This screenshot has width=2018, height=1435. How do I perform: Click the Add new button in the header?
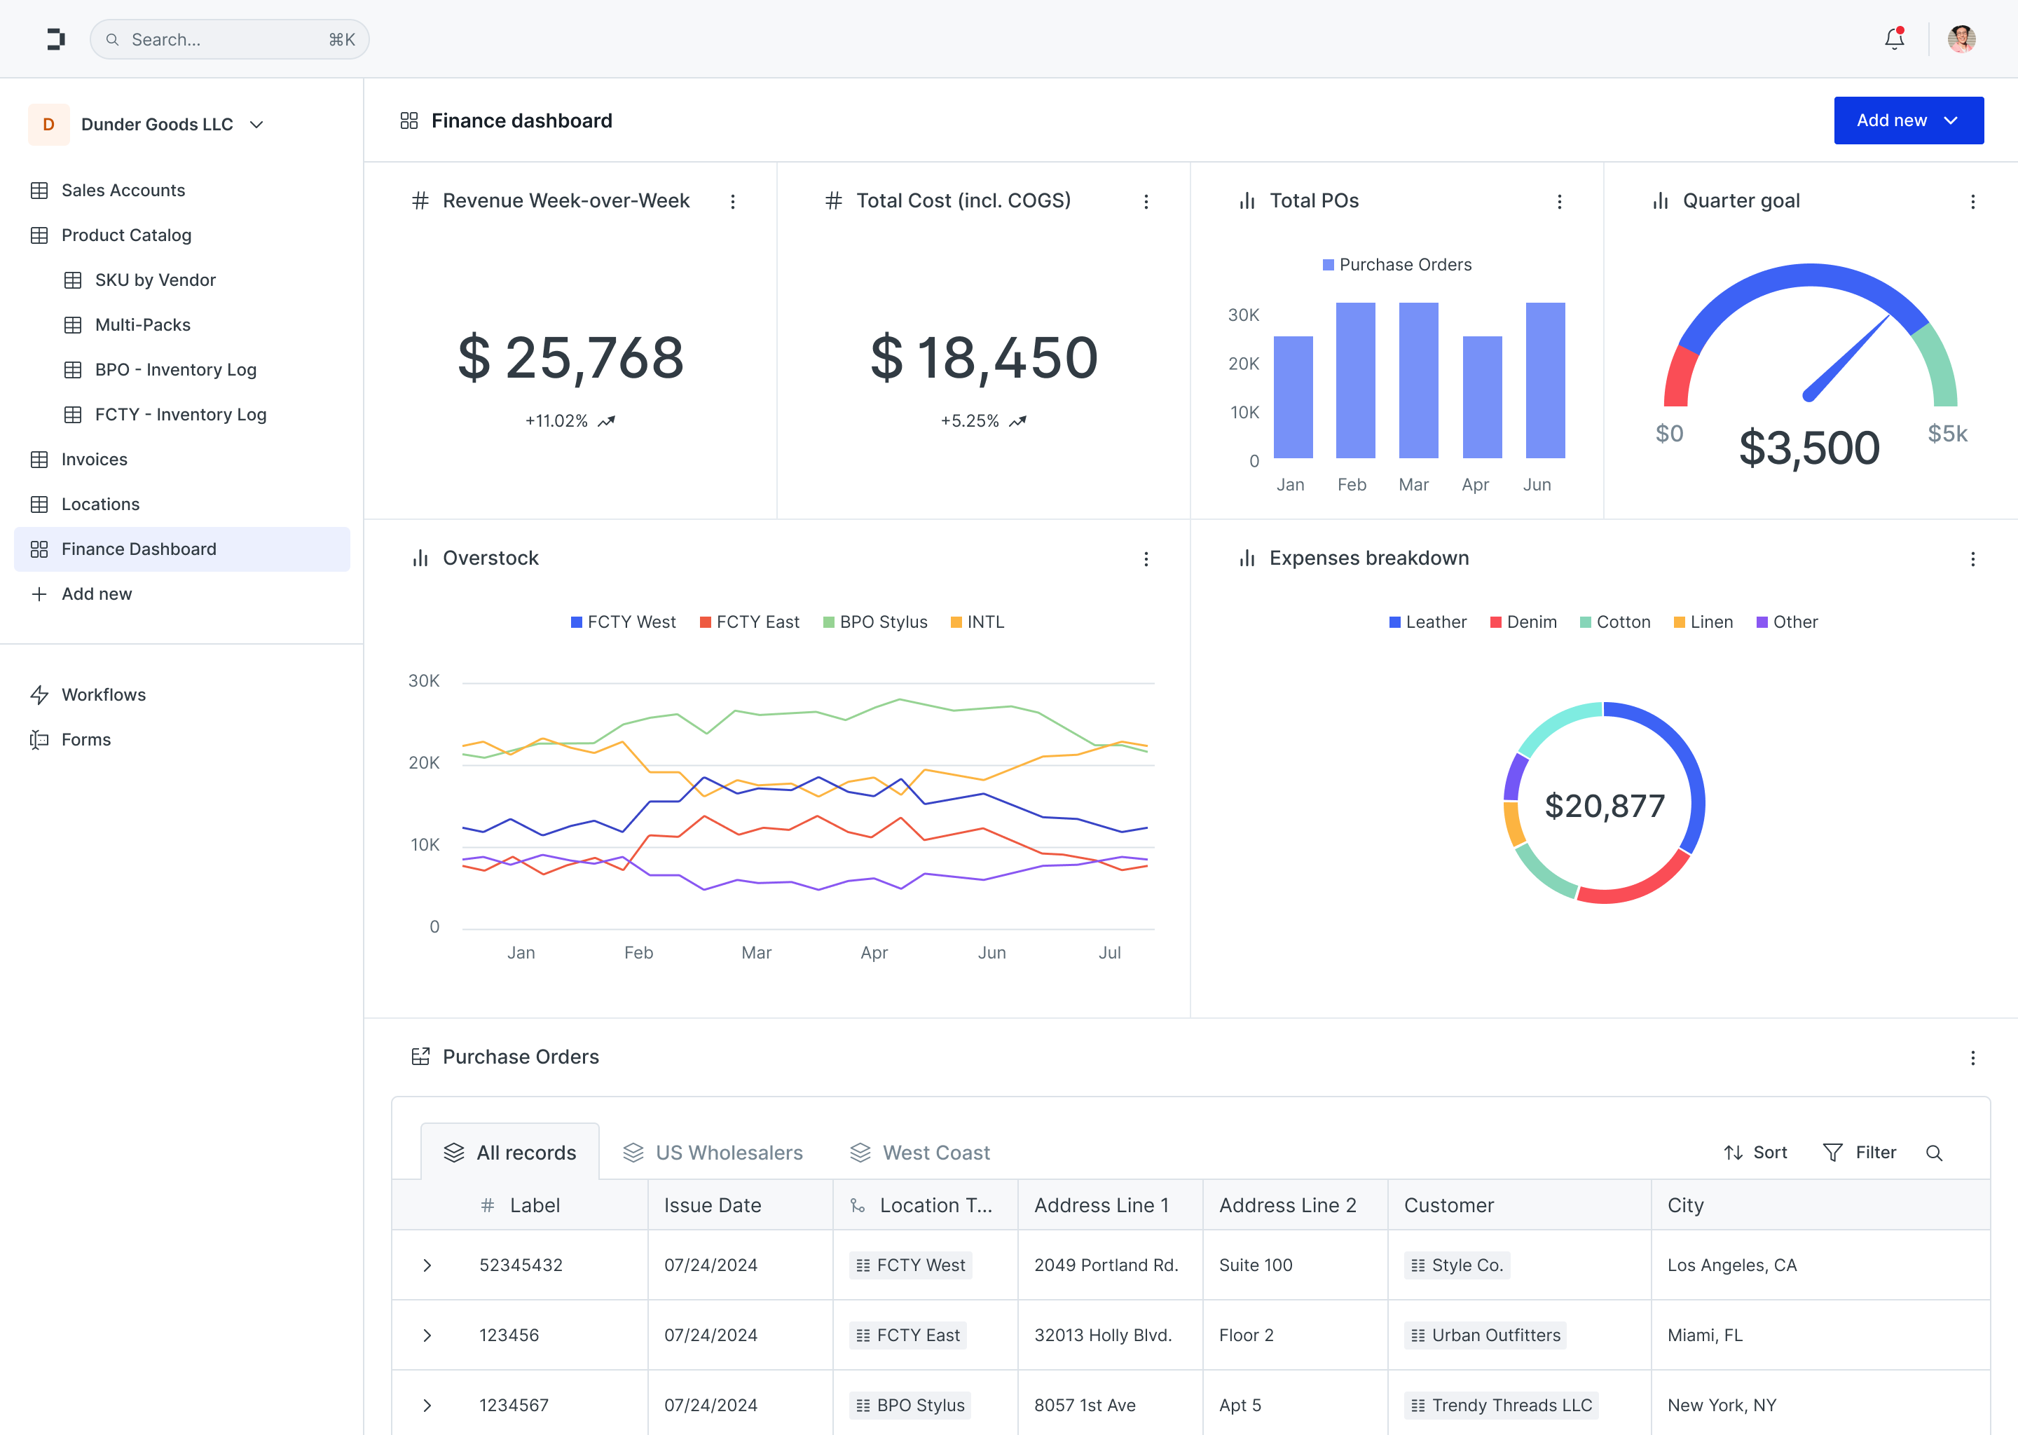coord(1907,121)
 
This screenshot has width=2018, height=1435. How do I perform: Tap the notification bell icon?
coord(1893,39)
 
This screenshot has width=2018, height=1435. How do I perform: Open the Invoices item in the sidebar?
coord(94,460)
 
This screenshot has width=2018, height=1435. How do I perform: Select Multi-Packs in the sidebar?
coord(142,325)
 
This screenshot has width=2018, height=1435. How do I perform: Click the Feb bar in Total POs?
coord(1354,380)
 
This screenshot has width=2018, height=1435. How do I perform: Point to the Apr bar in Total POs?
coord(1482,397)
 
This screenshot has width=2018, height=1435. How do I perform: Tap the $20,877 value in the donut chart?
coord(1604,806)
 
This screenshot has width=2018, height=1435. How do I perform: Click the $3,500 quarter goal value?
coord(1808,448)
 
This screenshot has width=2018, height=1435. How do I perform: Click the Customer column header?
coord(1449,1205)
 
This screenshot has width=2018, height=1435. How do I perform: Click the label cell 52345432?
coord(521,1265)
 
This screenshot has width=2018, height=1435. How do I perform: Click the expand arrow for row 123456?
coord(427,1335)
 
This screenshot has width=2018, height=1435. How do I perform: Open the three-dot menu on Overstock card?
coord(1146,559)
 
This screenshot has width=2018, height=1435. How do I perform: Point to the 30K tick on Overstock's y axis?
coord(424,681)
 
